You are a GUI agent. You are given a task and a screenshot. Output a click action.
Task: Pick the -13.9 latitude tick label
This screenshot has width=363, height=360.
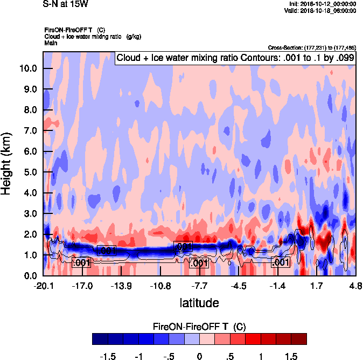(x=122, y=286)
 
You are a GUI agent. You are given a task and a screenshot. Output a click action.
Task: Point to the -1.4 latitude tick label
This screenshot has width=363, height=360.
(x=278, y=286)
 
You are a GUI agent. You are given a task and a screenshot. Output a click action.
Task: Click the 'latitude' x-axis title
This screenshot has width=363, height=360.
(x=199, y=303)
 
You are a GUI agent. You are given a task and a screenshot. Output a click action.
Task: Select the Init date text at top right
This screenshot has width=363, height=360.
(x=320, y=4)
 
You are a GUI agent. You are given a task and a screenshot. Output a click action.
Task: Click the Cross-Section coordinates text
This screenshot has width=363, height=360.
(x=311, y=47)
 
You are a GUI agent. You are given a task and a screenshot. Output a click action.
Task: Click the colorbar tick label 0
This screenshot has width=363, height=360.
(x=199, y=356)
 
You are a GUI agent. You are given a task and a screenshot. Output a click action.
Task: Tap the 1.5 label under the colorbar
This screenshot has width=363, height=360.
(x=291, y=356)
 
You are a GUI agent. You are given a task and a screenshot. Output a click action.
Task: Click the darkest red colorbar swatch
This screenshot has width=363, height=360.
(x=299, y=338)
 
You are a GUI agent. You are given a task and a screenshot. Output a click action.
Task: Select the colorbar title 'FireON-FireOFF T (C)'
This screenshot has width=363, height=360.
(x=199, y=326)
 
